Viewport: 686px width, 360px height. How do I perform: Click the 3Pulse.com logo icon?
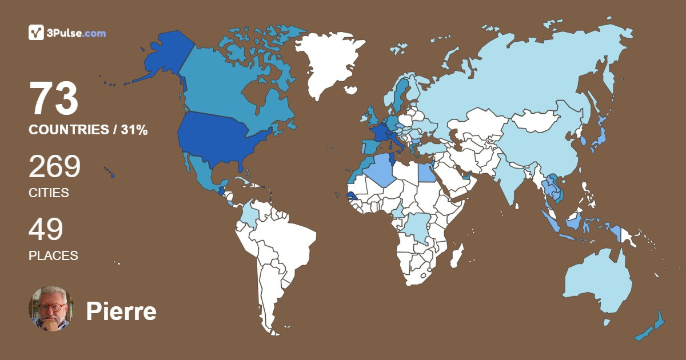[x=36, y=33]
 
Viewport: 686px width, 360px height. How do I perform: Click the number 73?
[x=54, y=99]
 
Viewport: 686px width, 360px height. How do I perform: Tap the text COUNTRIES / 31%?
[x=88, y=130]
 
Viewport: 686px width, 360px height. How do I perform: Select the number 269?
[x=55, y=167]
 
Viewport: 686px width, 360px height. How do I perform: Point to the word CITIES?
[x=49, y=193]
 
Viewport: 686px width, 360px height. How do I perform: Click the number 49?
[x=46, y=230]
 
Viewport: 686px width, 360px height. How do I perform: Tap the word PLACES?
[x=53, y=256]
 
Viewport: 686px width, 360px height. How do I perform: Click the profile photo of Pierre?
[x=50, y=309]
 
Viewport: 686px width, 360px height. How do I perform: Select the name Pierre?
[x=121, y=312]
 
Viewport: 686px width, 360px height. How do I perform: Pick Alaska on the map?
[x=163, y=57]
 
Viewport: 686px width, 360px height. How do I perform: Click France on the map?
[x=378, y=133]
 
